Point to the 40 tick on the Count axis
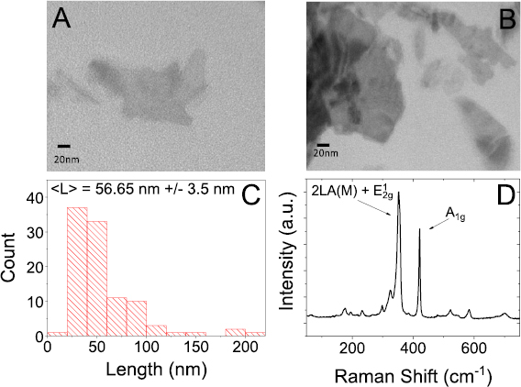point(34,197)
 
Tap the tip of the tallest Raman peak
point(398,218)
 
